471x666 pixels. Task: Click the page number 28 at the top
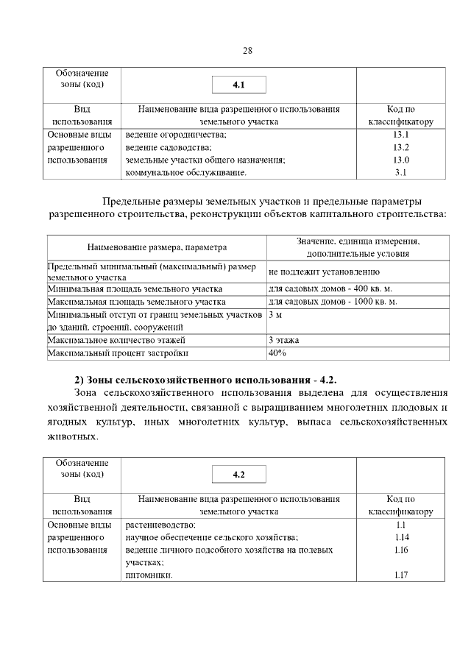[x=247, y=51]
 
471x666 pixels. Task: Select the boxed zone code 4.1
[x=238, y=85]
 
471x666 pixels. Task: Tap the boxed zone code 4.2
[x=238, y=475]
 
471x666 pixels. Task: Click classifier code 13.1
[x=400, y=135]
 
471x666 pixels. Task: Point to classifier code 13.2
[x=400, y=147]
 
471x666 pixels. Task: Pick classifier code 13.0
[x=400, y=160]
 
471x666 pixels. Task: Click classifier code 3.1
[x=400, y=172]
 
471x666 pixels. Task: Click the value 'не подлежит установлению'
[x=324, y=272]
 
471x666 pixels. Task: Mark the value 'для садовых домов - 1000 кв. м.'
[x=333, y=302]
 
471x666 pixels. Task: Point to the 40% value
[x=277, y=353]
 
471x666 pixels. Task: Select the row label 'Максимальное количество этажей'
[x=116, y=340]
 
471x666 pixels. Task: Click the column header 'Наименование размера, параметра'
[x=157, y=247]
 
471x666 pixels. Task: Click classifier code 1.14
[x=400, y=538]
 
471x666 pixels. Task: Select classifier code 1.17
[x=400, y=575]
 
